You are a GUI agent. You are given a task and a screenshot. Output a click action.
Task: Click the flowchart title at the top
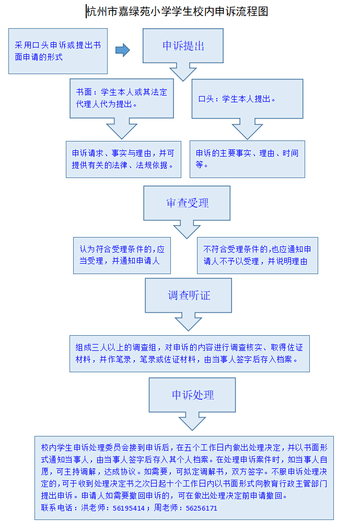click(177, 11)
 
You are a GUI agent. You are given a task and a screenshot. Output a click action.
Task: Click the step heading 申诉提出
click(183, 46)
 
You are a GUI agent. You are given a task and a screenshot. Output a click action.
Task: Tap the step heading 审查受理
click(188, 203)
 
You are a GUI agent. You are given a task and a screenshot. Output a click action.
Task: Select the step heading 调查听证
click(189, 295)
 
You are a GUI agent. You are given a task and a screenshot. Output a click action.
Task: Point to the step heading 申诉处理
click(193, 395)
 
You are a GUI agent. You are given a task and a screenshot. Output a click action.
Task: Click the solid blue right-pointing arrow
click(123, 50)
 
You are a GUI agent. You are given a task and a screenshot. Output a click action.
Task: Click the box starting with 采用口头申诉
click(58, 51)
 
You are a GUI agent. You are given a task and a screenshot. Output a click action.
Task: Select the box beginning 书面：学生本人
click(122, 98)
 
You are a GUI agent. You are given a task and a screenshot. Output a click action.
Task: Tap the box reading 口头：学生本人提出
click(247, 99)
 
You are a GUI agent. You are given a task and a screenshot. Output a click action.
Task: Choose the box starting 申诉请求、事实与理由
click(124, 159)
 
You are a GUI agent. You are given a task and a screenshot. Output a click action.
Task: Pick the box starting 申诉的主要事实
click(247, 159)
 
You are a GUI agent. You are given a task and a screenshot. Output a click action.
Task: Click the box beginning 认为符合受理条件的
click(122, 255)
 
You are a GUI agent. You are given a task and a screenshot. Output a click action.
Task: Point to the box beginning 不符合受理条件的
click(258, 255)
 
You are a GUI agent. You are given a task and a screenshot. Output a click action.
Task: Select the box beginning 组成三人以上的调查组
click(190, 353)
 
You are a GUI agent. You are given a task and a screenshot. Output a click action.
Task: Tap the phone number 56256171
click(201, 509)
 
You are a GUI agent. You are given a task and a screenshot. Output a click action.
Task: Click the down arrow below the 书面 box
click(122, 128)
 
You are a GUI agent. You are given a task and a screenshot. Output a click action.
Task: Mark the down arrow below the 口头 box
click(247, 129)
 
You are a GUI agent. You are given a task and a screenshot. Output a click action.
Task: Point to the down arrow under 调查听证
click(189, 322)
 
